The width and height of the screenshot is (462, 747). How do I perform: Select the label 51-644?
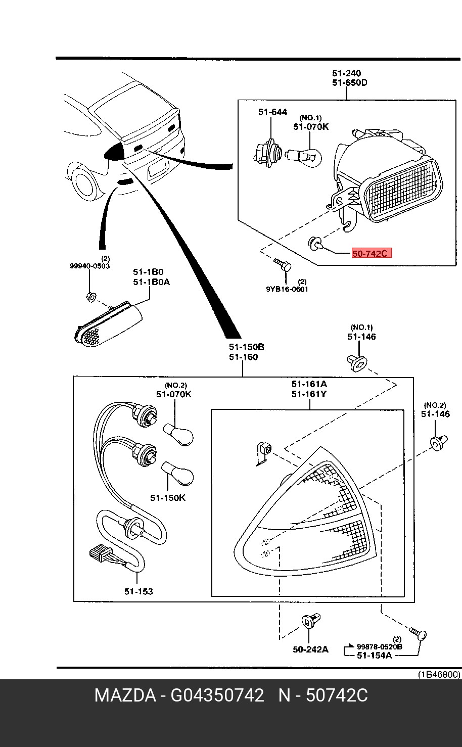272,112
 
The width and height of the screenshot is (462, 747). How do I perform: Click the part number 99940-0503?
89,266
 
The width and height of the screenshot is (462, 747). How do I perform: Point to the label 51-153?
138,591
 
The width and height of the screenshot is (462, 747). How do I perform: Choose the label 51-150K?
168,498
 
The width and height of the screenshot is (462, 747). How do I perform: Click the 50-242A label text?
310,649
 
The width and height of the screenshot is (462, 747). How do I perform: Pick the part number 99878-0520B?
379,646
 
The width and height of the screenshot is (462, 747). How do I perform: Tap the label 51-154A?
375,656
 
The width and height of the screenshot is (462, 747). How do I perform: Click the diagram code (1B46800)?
439,675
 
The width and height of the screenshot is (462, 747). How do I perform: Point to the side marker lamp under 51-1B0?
107,324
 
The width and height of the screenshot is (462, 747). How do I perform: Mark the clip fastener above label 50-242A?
310,622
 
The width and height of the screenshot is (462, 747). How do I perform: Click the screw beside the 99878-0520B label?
419,633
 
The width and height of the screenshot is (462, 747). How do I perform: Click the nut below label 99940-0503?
91,297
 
